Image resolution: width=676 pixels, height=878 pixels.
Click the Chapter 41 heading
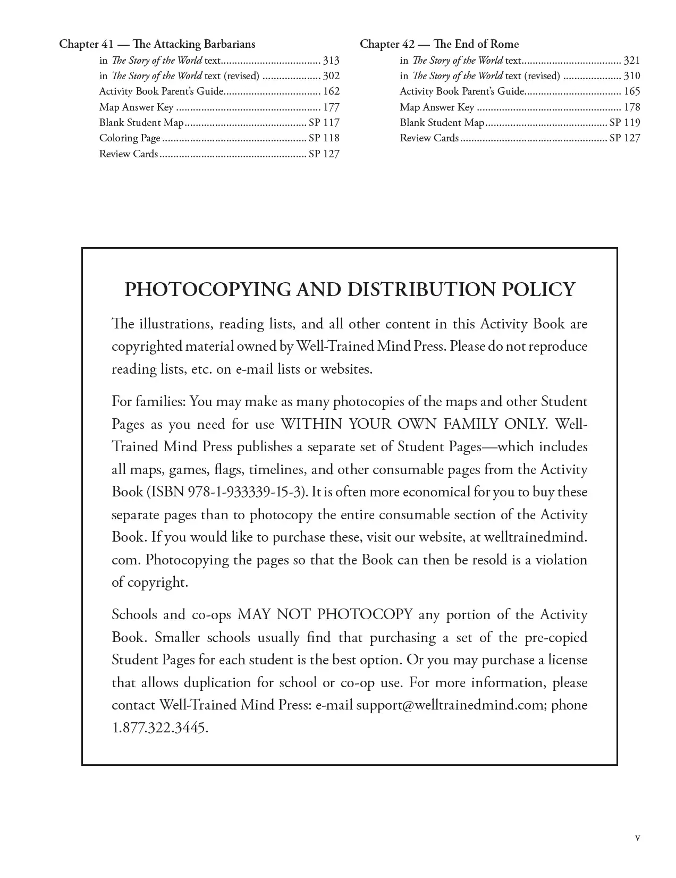point(157,44)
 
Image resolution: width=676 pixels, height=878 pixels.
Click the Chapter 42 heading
point(439,44)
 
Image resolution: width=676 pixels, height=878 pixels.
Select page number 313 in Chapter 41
point(331,61)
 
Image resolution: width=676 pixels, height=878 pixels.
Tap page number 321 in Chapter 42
point(632,61)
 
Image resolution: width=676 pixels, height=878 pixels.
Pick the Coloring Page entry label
point(130,138)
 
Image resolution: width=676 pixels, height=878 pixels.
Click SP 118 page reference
point(324,138)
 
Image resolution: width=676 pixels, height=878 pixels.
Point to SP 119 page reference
point(624,123)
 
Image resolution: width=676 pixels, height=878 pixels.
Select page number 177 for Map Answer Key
point(331,107)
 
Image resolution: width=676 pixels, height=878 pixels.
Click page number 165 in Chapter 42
point(632,91)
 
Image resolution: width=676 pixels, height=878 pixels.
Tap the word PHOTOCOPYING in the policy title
point(207,290)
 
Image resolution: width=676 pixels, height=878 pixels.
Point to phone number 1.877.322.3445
point(159,728)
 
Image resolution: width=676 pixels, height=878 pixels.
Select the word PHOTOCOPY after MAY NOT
point(365,615)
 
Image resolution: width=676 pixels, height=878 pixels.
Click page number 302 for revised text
point(331,76)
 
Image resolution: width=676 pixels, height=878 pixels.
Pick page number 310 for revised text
point(632,76)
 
